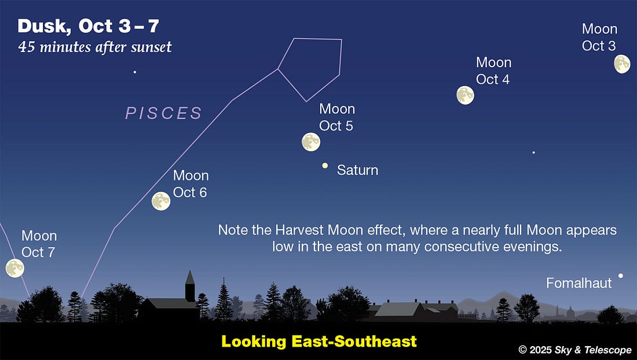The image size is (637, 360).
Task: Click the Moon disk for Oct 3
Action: point(622,64)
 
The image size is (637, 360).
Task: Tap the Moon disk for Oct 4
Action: point(465,95)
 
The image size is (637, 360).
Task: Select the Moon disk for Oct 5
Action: point(311,142)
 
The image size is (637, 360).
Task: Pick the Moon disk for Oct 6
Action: point(161,201)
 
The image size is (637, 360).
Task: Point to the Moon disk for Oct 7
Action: point(14,268)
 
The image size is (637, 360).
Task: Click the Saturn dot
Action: point(325,166)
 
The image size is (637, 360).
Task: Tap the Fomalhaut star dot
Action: point(620,275)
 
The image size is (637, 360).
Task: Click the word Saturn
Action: point(357,170)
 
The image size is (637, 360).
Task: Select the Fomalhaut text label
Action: point(579,284)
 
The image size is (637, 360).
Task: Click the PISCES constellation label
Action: point(164,113)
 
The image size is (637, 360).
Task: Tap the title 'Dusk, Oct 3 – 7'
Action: point(88,27)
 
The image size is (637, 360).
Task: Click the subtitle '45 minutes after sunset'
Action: point(95,47)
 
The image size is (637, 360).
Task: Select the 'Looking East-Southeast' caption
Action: point(319,341)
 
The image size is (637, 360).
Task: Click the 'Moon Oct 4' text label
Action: point(493,71)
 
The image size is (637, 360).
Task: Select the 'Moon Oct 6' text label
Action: point(191,183)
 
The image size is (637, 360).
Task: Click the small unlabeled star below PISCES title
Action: point(135,72)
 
